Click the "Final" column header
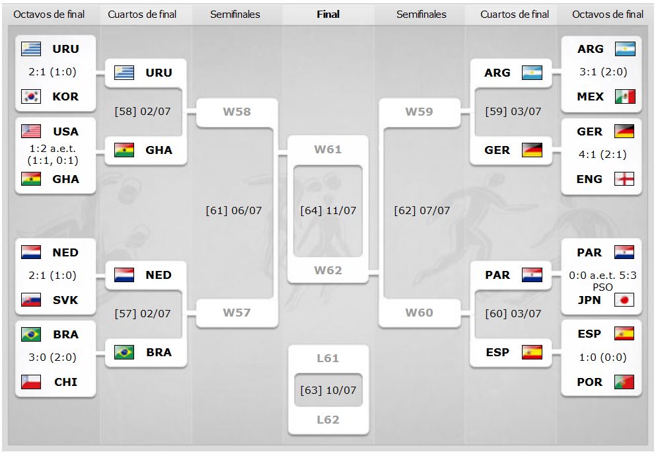pyautogui.click(x=328, y=14)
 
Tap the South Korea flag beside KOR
pyautogui.click(x=31, y=96)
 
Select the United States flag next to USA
pyautogui.click(x=31, y=131)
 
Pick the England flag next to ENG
pyautogui.click(x=624, y=179)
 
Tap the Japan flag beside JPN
pyautogui.click(x=624, y=300)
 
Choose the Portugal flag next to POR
pyautogui.click(x=624, y=382)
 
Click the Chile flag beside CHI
pyautogui.click(x=31, y=382)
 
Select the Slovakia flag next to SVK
pyautogui.click(x=31, y=300)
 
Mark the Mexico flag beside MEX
pyautogui.click(x=624, y=96)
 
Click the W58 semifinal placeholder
pyautogui.click(x=237, y=112)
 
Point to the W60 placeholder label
pyautogui.click(x=419, y=313)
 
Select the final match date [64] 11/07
pyautogui.click(x=328, y=211)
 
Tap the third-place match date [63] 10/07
pyautogui.click(x=328, y=389)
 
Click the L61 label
pyautogui.click(x=328, y=358)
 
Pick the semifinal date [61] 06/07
pyautogui.click(x=234, y=211)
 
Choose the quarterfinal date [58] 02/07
pyautogui.click(x=143, y=111)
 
